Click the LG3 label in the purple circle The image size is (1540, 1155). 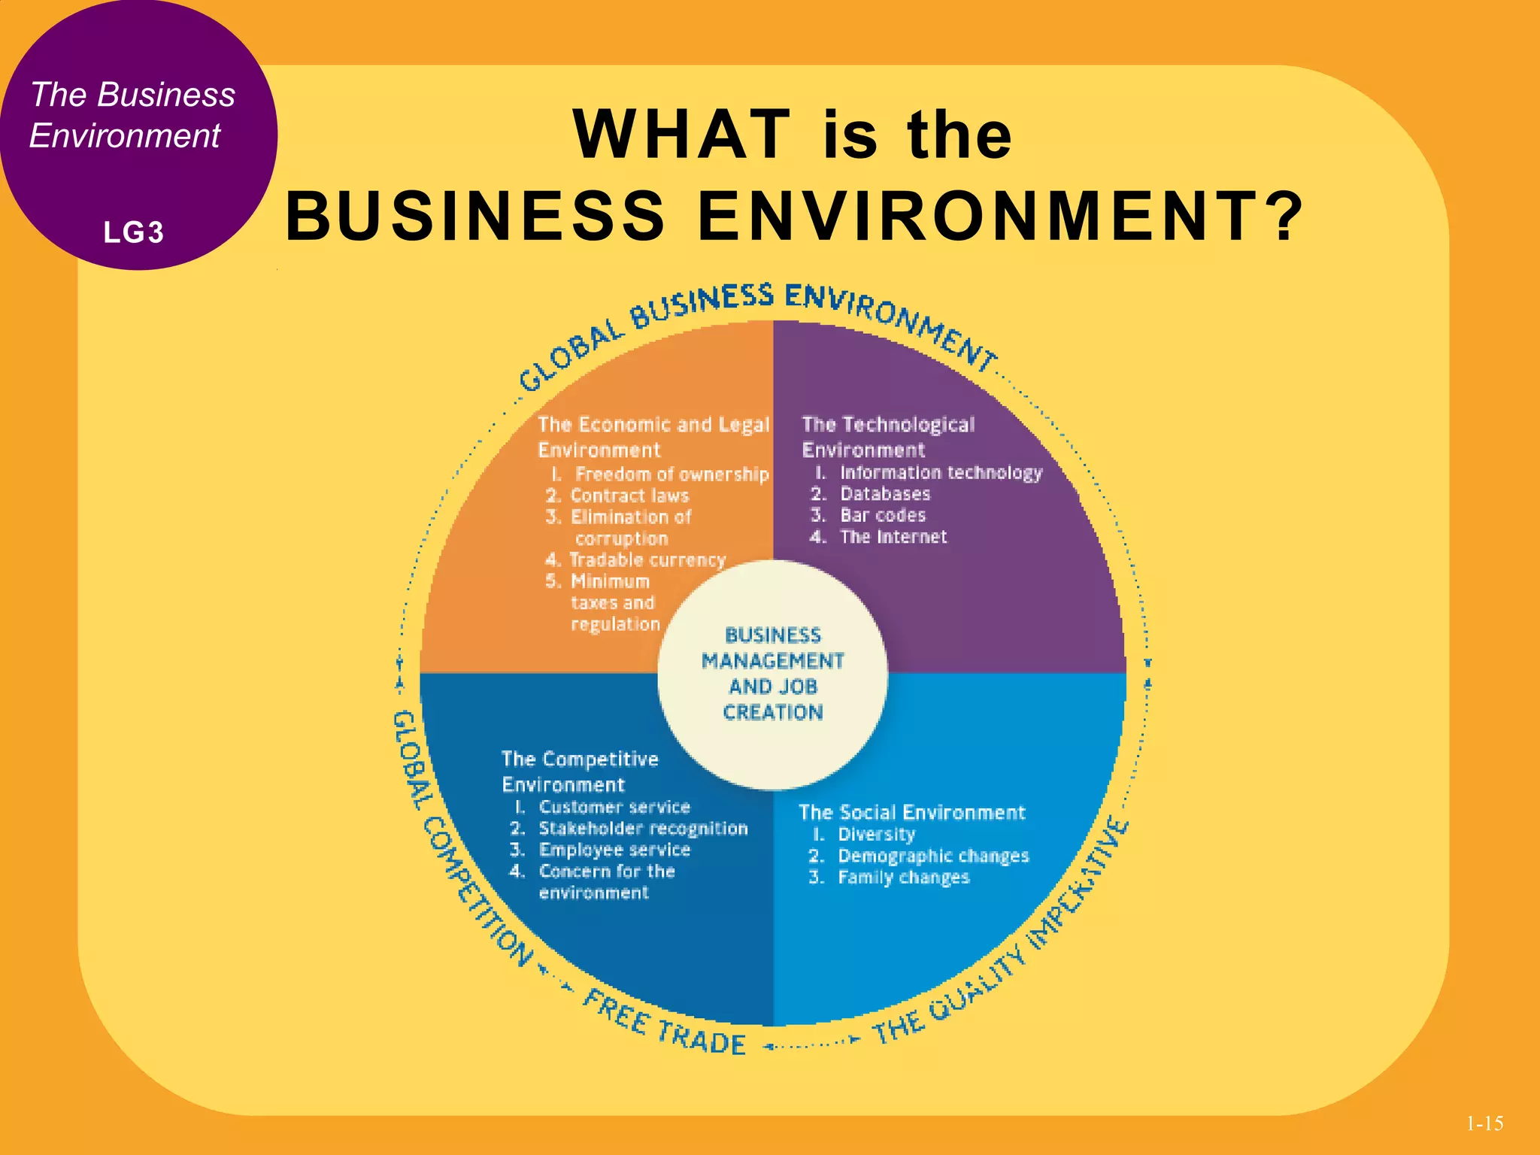point(133,232)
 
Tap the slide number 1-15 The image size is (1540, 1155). point(1484,1123)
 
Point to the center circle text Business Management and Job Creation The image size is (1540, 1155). point(773,674)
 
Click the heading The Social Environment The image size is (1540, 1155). point(911,812)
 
